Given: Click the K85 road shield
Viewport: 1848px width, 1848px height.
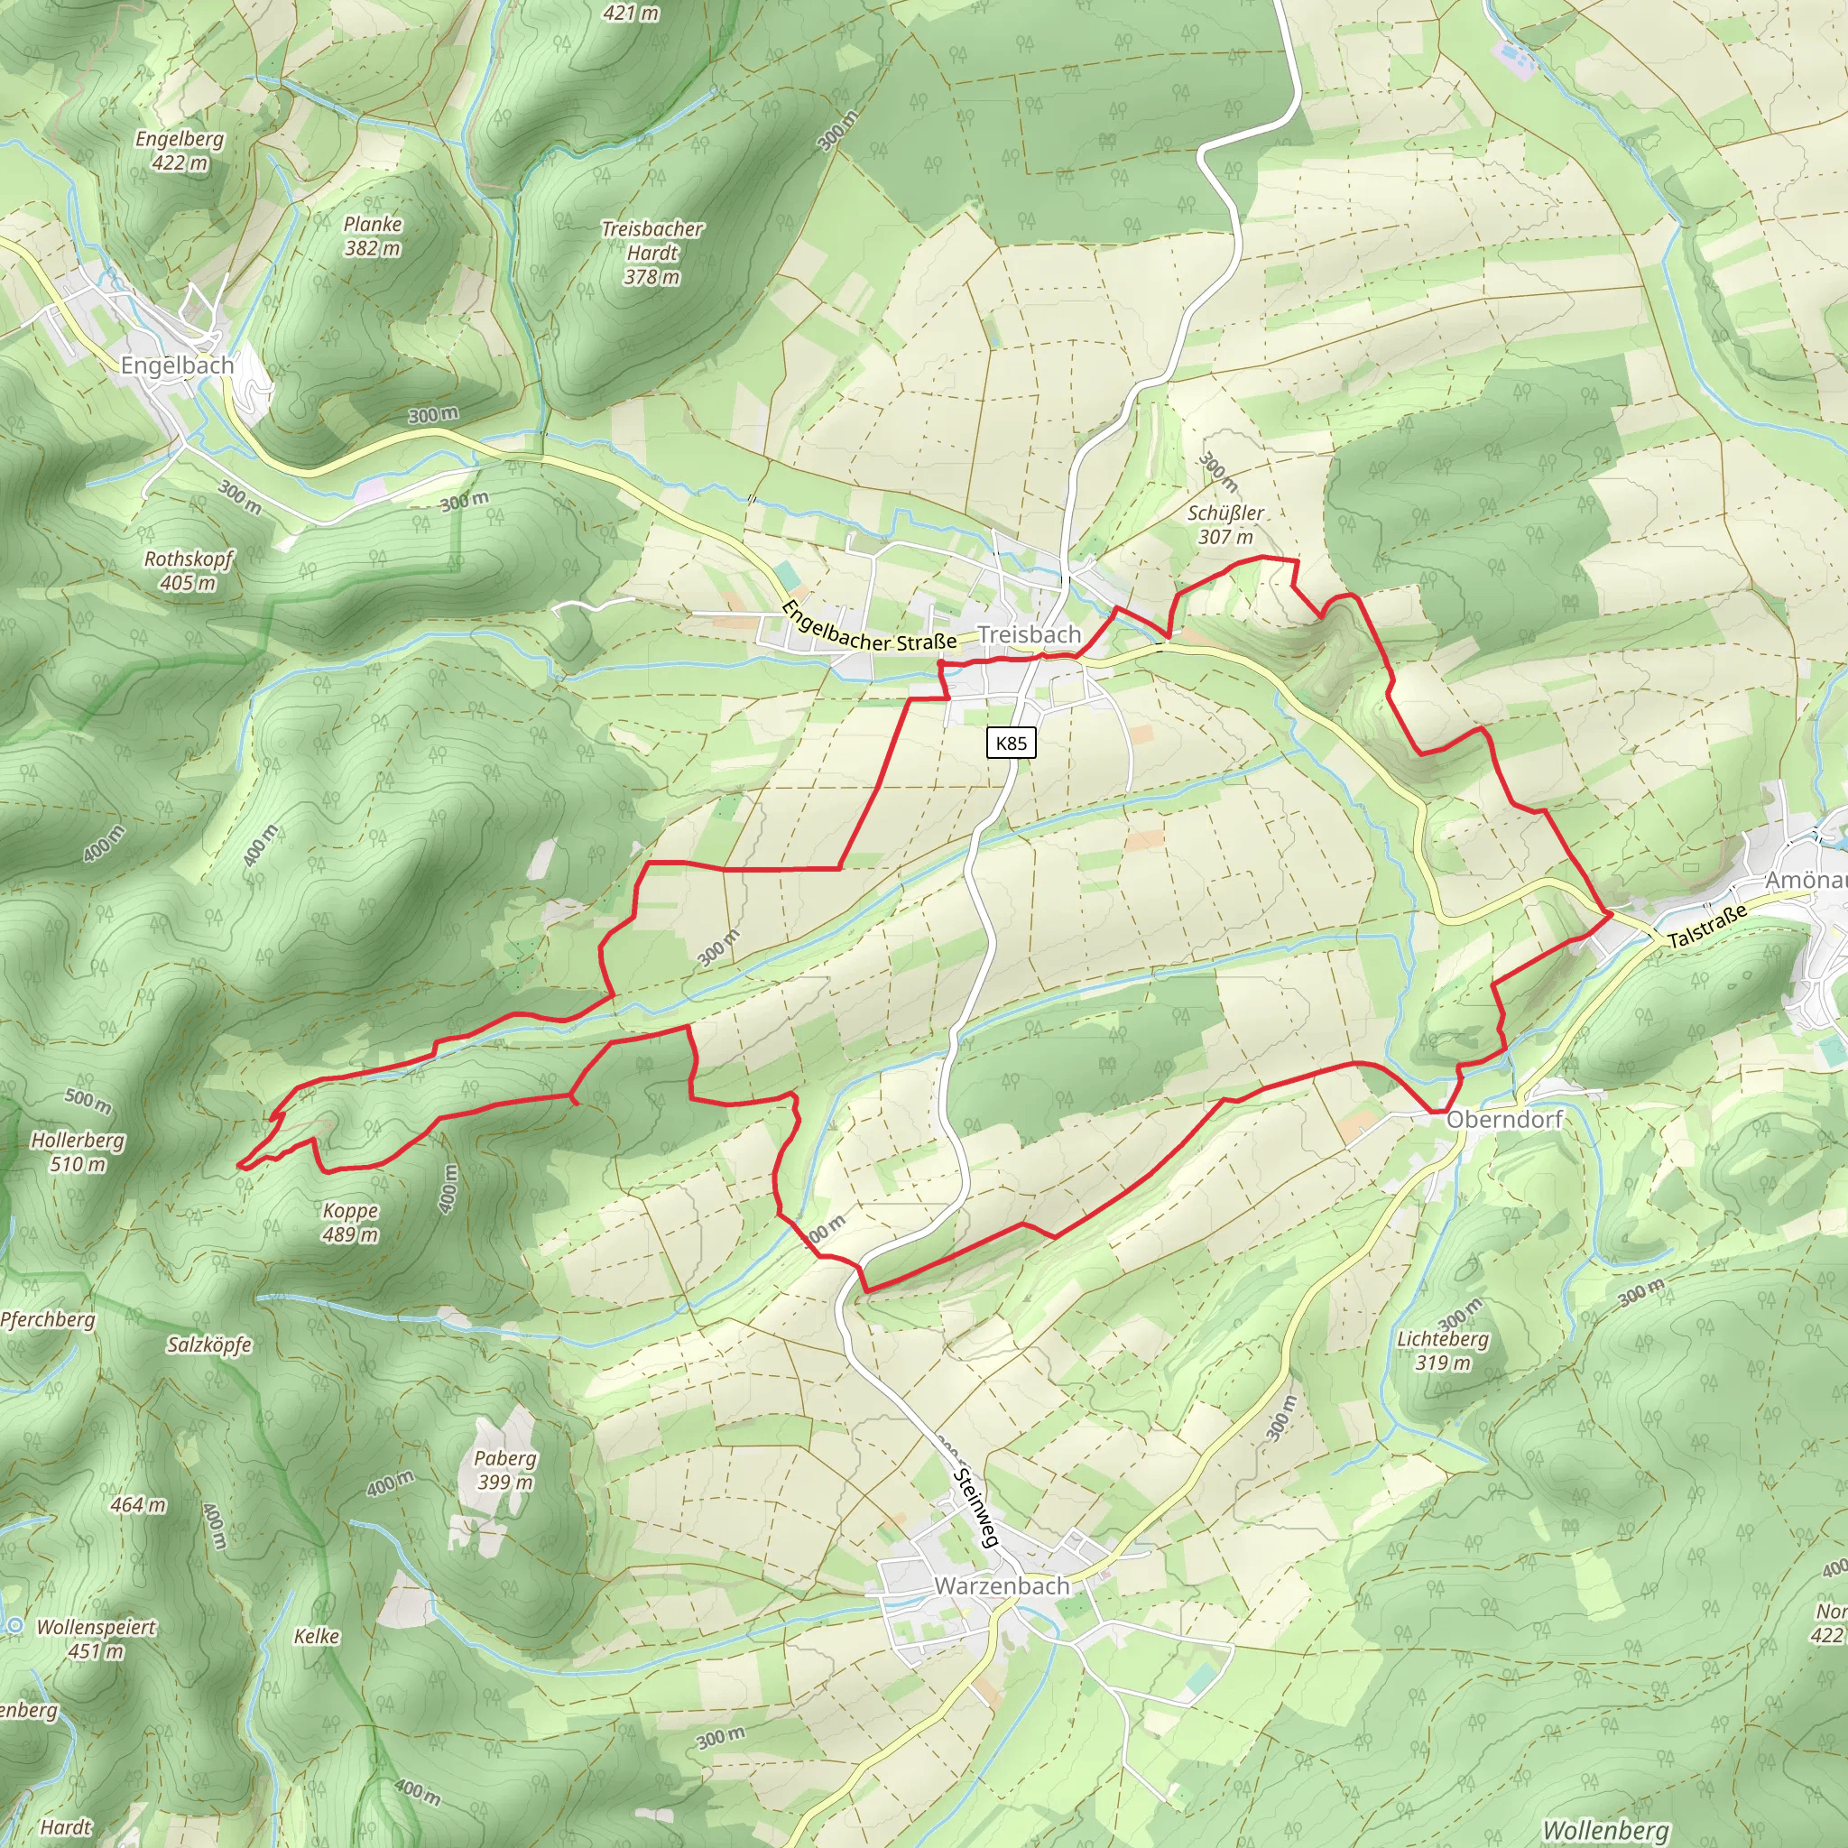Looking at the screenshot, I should [1011, 744].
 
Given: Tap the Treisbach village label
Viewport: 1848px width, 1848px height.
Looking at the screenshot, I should [1030, 634].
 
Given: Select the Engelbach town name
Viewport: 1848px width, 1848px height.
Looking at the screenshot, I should [177, 365].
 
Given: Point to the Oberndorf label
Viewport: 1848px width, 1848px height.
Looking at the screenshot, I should [1503, 1119].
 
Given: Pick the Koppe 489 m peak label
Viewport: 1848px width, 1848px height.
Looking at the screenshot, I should [350, 1223].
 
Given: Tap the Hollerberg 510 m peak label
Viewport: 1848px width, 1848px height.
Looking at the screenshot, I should [78, 1151].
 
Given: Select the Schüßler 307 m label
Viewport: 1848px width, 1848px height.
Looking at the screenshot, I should [1225, 524].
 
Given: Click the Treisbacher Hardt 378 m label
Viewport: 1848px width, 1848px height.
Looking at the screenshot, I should [652, 253].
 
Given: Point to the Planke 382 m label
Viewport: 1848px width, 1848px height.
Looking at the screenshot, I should [373, 236].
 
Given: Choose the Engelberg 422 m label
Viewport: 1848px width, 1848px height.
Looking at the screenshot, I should [180, 150].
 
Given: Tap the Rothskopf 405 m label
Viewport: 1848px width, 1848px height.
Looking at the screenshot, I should [189, 570].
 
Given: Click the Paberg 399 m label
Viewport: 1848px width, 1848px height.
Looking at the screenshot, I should [505, 1469].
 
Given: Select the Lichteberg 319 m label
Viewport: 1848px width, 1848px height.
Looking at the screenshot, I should [1443, 1350].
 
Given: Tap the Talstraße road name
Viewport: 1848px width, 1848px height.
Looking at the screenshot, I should [1707, 925].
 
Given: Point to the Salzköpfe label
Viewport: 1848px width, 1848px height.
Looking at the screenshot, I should [209, 1344].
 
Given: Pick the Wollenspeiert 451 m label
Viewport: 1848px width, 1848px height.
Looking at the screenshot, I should [96, 1639].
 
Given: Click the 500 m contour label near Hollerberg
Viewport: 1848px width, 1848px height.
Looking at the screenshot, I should [88, 1100].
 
